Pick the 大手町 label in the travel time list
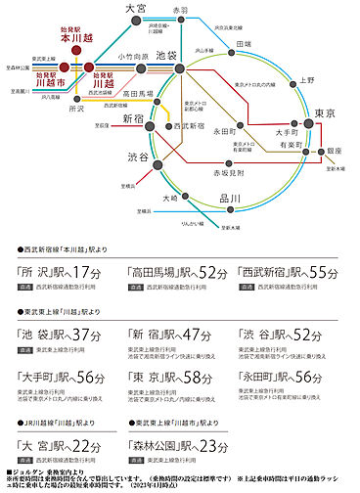40,378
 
